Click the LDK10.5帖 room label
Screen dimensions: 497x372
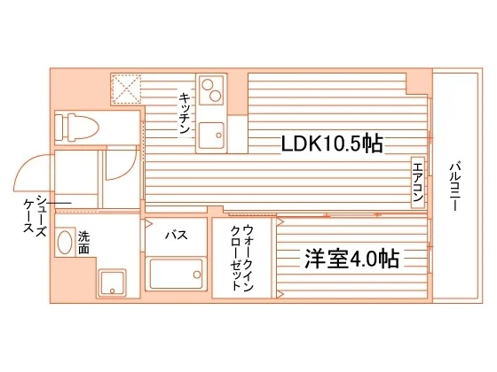tap(332, 143)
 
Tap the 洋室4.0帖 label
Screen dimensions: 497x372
tap(351, 259)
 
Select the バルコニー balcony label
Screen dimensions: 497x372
tap(455, 186)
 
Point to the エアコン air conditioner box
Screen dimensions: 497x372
tap(418, 182)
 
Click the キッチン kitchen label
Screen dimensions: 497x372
tap(185, 112)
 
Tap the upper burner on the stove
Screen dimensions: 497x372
tap(208, 84)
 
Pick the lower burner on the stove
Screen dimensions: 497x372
tap(216, 96)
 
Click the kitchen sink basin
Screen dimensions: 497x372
tap(211, 136)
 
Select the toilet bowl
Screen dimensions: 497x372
tap(83, 128)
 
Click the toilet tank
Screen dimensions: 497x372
tap(61, 128)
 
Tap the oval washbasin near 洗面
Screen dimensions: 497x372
tap(65, 242)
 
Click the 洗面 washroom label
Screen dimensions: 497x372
tap(83, 243)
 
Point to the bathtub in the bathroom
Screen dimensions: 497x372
tap(176, 274)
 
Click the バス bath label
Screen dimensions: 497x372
tap(177, 235)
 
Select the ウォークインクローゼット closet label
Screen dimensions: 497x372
tap(242, 258)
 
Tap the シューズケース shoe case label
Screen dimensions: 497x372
tap(35, 214)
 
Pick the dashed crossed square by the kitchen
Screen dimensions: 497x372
tap(127, 89)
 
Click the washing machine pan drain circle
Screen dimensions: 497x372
tap(113, 291)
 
